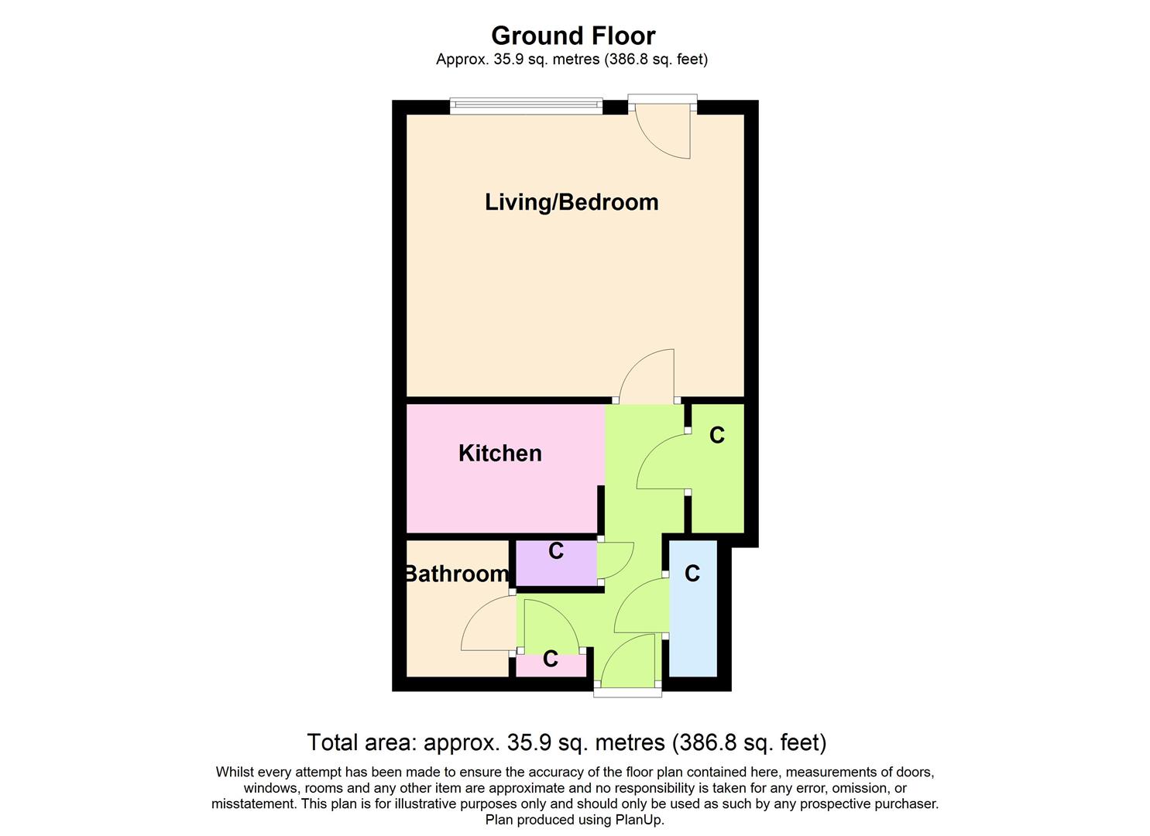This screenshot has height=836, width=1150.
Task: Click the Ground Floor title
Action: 573,36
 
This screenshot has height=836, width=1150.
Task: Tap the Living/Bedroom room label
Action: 572,202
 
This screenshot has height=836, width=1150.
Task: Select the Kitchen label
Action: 499,453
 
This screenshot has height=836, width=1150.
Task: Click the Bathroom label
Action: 457,574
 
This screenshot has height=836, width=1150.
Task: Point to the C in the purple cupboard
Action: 555,551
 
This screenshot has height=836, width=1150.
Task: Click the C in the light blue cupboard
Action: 692,574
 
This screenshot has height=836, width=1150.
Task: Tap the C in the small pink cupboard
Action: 550,659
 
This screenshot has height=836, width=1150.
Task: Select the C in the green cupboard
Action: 716,436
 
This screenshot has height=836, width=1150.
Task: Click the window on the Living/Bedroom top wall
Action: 526,104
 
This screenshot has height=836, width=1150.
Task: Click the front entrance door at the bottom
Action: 627,662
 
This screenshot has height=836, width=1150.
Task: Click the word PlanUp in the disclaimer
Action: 639,820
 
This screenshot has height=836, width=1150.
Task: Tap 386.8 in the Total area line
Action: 706,743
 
